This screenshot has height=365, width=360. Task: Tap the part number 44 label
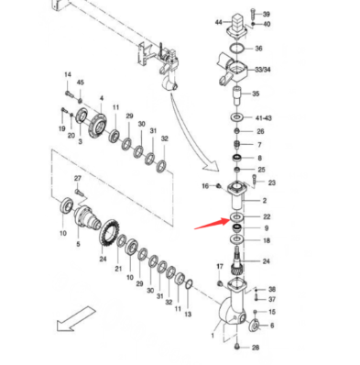point(218,21)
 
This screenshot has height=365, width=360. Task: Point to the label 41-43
point(263,119)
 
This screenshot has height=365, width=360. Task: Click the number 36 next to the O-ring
point(259,49)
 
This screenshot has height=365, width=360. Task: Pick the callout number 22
point(267,216)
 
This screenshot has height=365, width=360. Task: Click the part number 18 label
point(267,240)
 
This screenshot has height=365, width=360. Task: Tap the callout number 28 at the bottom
point(256,348)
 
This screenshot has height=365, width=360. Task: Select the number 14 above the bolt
point(67,74)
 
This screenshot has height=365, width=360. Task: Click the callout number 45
point(81,84)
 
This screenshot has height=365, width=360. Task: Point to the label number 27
point(78,178)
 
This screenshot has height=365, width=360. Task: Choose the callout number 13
point(188,314)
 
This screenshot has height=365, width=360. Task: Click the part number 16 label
point(206,186)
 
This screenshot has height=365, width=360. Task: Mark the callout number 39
point(266,16)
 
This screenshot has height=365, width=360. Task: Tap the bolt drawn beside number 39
point(253,16)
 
